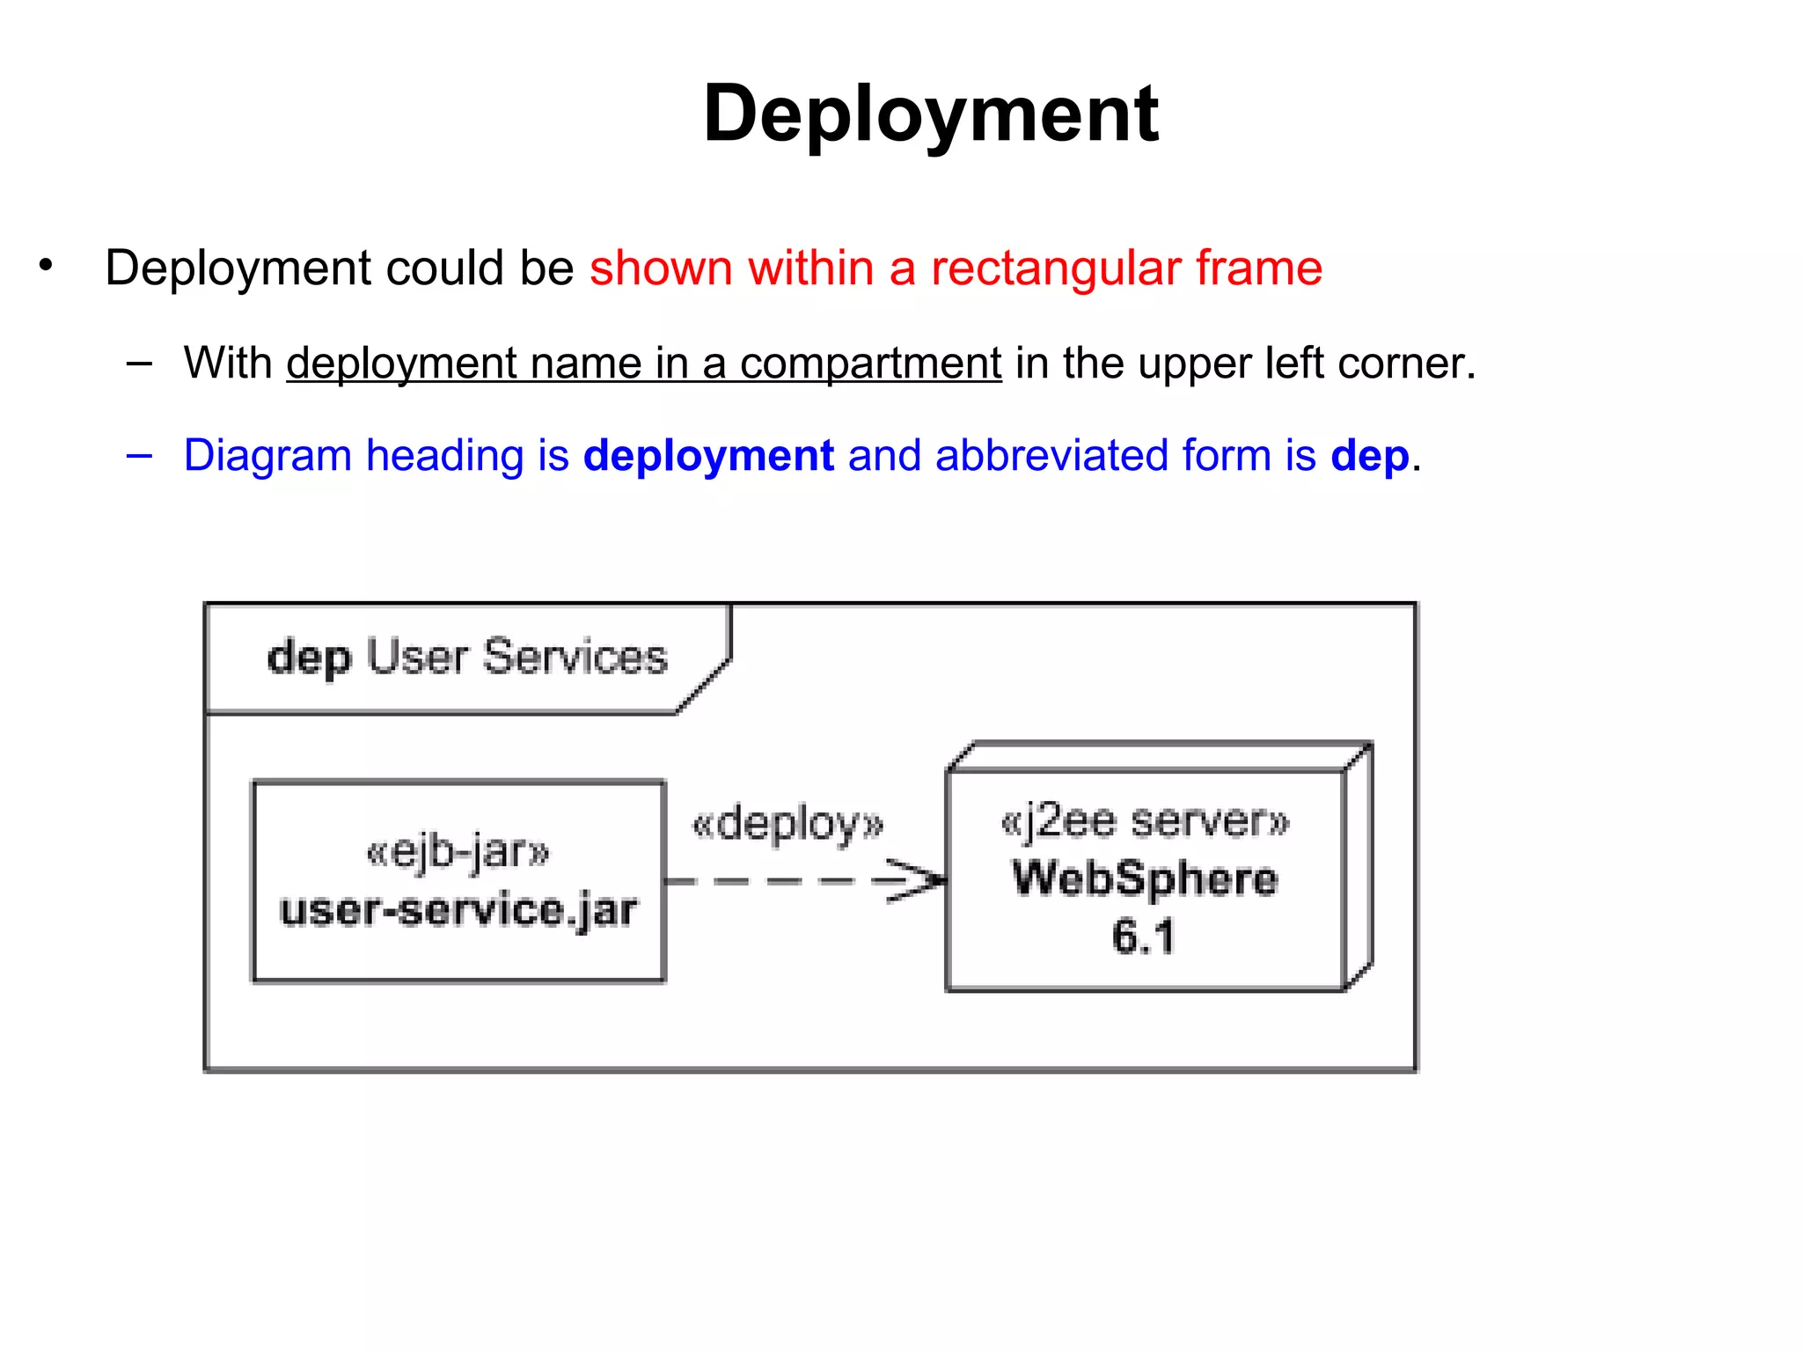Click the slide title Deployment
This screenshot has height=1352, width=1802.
pyautogui.click(x=930, y=114)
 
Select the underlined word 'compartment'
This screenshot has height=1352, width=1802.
pyautogui.click(x=869, y=364)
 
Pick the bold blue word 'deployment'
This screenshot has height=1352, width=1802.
pyautogui.click(x=708, y=456)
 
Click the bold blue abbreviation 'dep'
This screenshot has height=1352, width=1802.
pyautogui.click(x=1369, y=457)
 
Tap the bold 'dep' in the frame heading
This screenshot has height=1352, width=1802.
pyautogui.click(x=309, y=658)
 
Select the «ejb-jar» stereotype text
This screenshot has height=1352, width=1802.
pyautogui.click(x=458, y=851)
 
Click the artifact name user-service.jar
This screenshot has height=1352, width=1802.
pyautogui.click(x=458, y=909)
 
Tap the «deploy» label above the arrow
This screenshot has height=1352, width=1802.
pyautogui.click(x=787, y=825)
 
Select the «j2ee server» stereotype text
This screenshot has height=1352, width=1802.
pyautogui.click(x=1144, y=821)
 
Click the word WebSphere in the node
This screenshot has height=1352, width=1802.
pyautogui.click(x=1144, y=878)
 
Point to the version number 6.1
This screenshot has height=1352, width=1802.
pyautogui.click(x=1142, y=936)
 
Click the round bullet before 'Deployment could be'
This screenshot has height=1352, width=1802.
pyautogui.click(x=46, y=264)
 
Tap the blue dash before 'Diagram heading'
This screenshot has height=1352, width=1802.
pyautogui.click(x=139, y=456)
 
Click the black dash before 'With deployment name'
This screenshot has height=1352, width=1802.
pyautogui.click(x=139, y=363)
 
